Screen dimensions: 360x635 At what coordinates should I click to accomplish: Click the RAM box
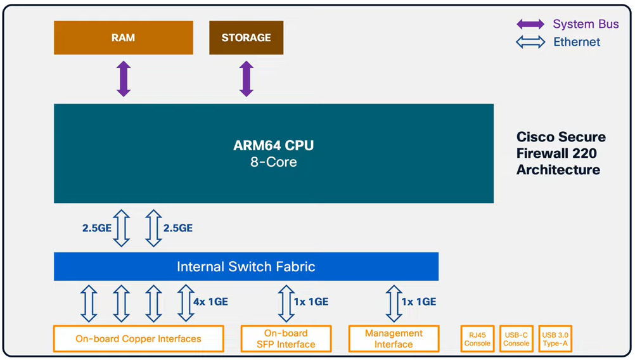(x=123, y=37)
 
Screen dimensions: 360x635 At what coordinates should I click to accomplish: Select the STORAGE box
(x=246, y=37)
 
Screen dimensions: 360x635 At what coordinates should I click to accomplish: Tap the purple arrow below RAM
(x=124, y=79)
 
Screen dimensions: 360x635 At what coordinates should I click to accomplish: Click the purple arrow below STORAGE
(x=246, y=79)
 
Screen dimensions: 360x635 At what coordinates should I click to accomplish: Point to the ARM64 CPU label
(x=273, y=146)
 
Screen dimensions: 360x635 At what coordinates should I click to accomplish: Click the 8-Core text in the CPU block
(x=273, y=162)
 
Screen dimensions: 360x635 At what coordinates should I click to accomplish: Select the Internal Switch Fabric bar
(x=246, y=266)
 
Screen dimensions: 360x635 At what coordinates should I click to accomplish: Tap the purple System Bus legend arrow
(x=530, y=25)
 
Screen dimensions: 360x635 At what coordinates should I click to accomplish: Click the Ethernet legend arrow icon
(x=530, y=42)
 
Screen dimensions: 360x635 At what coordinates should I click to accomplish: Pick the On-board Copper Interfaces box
(x=138, y=338)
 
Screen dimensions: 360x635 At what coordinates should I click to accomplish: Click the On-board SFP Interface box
(x=286, y=338)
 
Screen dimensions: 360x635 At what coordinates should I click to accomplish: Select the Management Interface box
(x=394, y=338)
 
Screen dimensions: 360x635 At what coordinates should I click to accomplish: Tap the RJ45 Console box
(x=477, y=338)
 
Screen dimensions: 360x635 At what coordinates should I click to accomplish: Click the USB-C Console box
(x=516, y=338)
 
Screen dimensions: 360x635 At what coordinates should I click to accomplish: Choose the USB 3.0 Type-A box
(x=555, y=338)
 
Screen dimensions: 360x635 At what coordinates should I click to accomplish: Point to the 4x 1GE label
(x=210, y=302)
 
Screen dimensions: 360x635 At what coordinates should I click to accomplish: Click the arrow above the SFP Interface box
(x=283, y=302)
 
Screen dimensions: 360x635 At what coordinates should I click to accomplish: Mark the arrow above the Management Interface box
(x=391, y=302)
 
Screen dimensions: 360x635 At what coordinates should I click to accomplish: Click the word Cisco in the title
(x=536, y=137)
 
